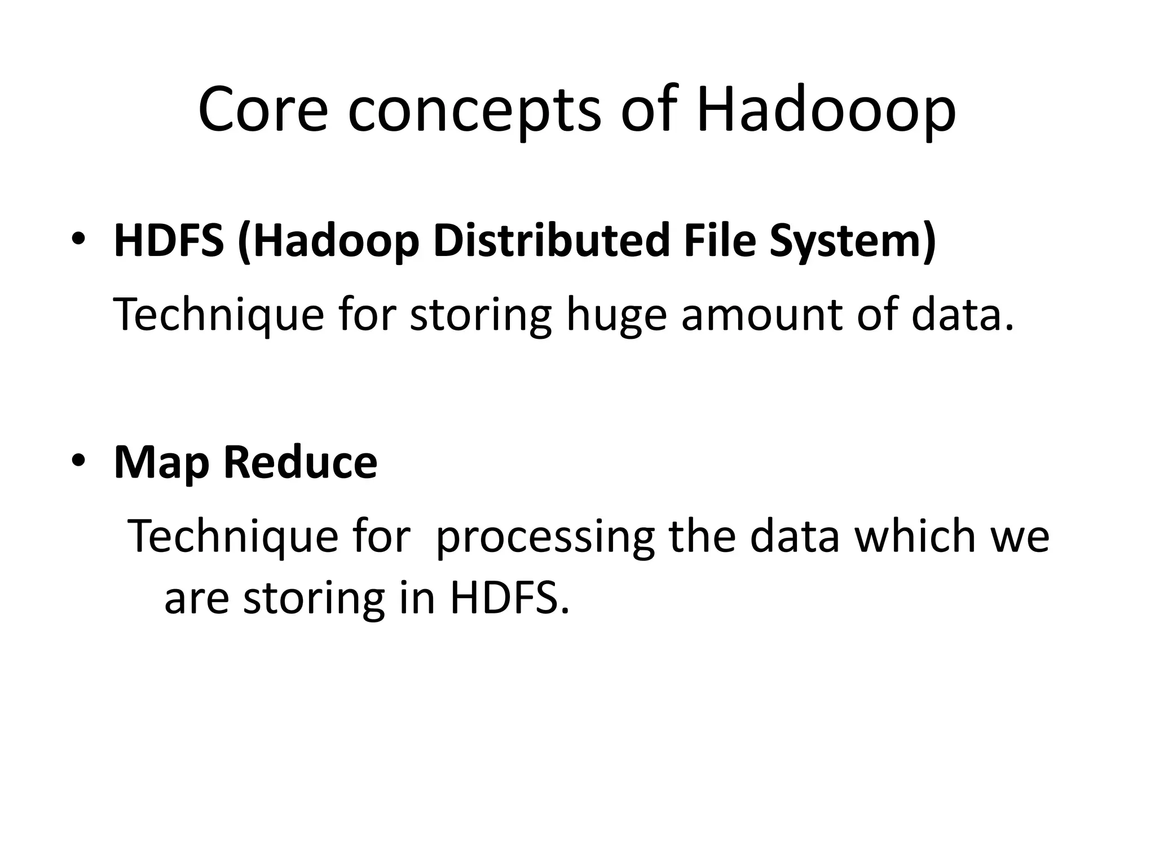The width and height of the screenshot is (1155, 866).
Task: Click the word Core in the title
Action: [x=262, y=110]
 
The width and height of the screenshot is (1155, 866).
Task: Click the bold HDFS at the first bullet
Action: [x=169, y=241]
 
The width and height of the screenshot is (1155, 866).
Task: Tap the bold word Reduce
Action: [x=300, y=462]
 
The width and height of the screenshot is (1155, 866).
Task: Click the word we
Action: [x=1020, y=537]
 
